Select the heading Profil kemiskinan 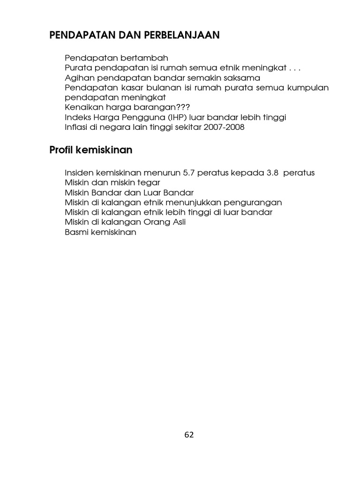tap(91, 150)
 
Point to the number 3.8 tap(272, 173)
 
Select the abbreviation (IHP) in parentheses tap(169, 117)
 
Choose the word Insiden tap(79, 173)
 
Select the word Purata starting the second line tap(77, 68)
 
